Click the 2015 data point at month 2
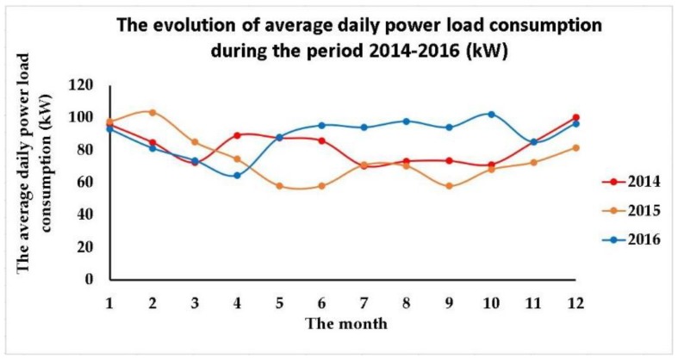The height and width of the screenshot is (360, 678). click(x=152, y=112)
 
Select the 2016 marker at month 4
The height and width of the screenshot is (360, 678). click(x=236, y=176)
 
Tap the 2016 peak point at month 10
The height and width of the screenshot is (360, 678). click(x=491, y=114)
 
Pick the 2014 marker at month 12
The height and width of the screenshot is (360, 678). click(x=575, y=117)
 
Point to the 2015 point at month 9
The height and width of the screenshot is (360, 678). click(x=449, y=186)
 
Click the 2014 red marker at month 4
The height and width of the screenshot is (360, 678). click(x=236, y=135)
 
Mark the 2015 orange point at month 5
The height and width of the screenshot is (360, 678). click(x=279, y=186)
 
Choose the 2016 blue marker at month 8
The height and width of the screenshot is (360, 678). click(x=406, y=121)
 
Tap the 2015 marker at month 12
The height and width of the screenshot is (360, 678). click(x=575, y=147)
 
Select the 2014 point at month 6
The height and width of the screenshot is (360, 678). click(x=321, y=140)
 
